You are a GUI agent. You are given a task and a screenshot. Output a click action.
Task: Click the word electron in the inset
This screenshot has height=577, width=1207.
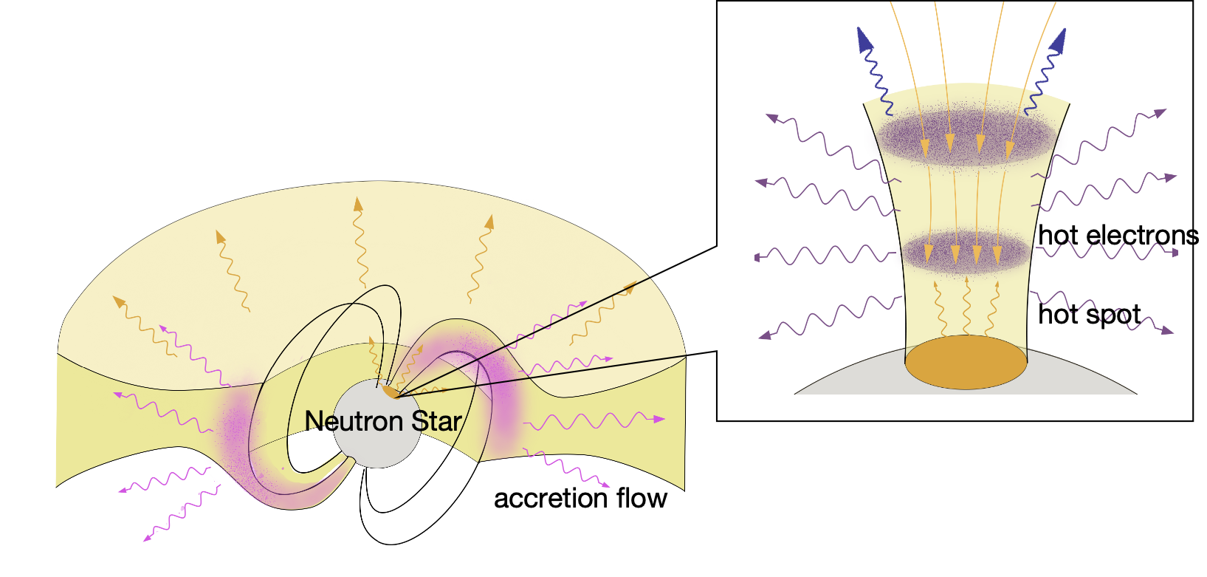click(x=1141, y=236)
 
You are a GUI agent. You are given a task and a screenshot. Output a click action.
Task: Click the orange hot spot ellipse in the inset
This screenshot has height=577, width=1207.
click(x=966, y=362)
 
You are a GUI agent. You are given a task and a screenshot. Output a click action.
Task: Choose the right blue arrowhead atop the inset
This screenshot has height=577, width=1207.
click(x=1058, y=41)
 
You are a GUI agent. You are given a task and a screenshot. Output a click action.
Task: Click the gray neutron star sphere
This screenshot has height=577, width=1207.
click(x=377, y=443)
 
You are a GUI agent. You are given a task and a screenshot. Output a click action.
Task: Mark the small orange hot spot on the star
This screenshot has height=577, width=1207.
click(x=390, y=389)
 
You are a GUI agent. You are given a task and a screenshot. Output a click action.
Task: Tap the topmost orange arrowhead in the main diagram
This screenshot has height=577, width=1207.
click(x=358, y=204)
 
